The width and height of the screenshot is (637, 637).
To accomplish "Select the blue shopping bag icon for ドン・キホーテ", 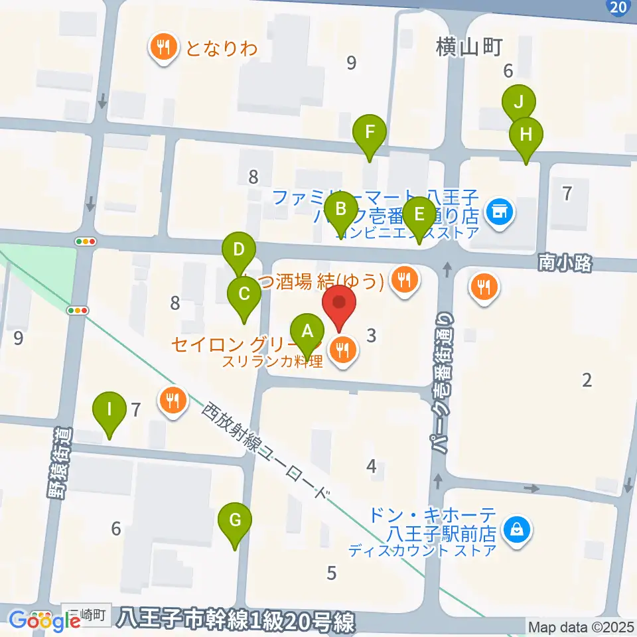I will point(516,530).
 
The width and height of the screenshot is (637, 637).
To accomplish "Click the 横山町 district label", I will point(470,46).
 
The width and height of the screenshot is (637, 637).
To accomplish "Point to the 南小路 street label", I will point(565,263).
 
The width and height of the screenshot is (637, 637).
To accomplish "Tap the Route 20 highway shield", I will point(617,7).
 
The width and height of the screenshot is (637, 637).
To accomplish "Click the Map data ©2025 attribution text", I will point(581,626).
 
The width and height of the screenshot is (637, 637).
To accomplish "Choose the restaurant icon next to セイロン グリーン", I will point(342,350).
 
